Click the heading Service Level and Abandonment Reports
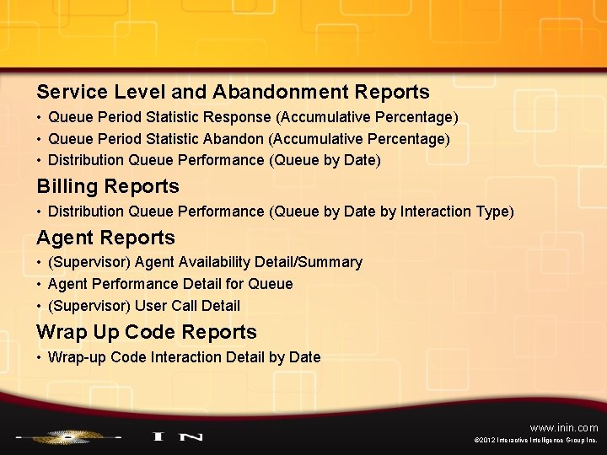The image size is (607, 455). tap(233, 92)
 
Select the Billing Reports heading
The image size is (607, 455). tap(108, 186)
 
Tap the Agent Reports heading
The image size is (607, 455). tap(105, 238)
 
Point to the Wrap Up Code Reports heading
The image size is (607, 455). tap(146, 332)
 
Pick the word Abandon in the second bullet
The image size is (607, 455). tap(240, 138)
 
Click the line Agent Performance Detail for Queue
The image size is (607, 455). tap(170, 284)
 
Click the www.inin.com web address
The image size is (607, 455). tap(564, 428)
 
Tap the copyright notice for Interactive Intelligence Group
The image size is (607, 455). tap(536, 441)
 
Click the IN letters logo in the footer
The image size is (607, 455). tap(177, 436)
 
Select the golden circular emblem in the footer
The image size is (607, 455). tap(65, 436)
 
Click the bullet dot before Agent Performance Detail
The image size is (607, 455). tap(40, 284)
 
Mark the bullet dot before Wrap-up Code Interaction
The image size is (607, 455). tap(40, 357)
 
